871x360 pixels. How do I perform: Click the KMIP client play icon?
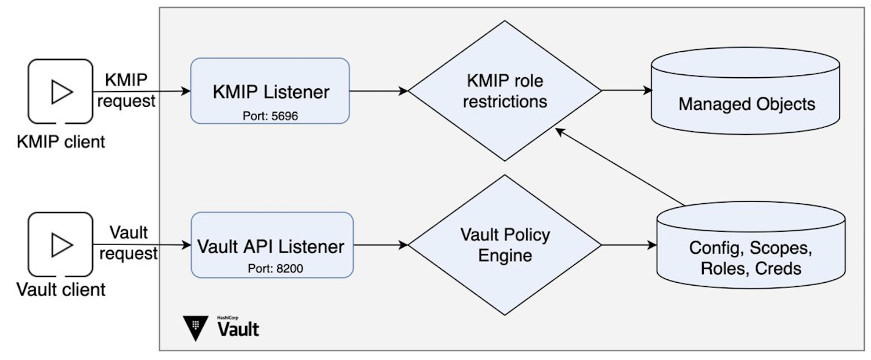tap(61, 91)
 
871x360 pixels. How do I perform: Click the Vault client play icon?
tap(61, 244)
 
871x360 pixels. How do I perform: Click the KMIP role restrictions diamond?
tap(505, 91)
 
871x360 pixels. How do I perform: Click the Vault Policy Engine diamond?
tap(505, 245)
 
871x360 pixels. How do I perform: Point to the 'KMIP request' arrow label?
tap(126, 91)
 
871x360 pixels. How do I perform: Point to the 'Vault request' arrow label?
tap(128, 243)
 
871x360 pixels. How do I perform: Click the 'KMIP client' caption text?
tap(61, 141)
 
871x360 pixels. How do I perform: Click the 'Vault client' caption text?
tap(61, 289)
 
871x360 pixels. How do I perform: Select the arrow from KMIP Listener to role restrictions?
tap(378, 91)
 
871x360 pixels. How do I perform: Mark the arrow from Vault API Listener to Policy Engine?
tap(380, 245)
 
